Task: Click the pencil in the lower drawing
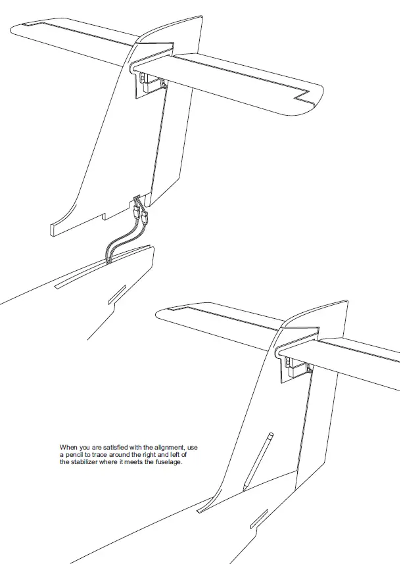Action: [x=257, y=459]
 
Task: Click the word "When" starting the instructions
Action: [x=68, y=448]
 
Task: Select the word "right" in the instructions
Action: [x=147, y=454]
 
